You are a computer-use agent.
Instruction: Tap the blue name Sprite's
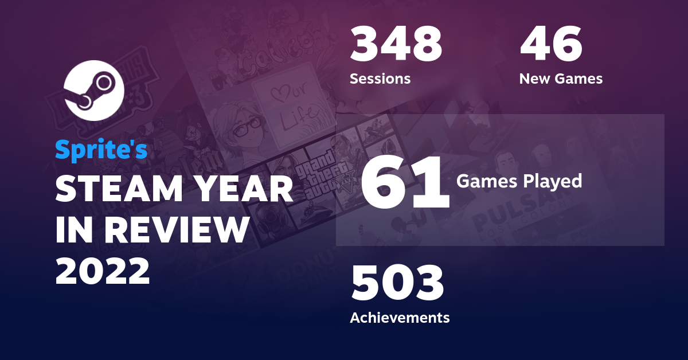pos(101,150)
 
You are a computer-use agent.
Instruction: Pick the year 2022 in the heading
pos(103,270)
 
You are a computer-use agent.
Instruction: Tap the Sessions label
pos(380,79)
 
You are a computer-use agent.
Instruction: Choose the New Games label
pos(561,79)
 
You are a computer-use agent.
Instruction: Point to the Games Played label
pos(519,182)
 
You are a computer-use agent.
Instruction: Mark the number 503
pos(397,285)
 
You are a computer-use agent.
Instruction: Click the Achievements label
pos(400,317)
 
